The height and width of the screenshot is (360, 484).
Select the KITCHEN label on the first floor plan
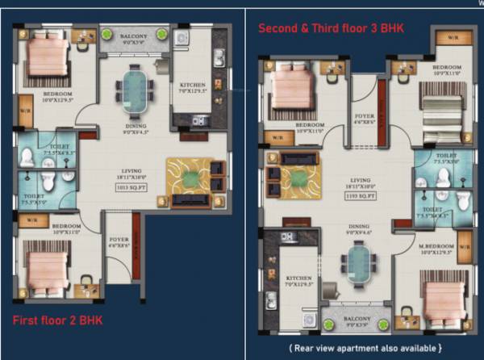[x=193, y=86]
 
